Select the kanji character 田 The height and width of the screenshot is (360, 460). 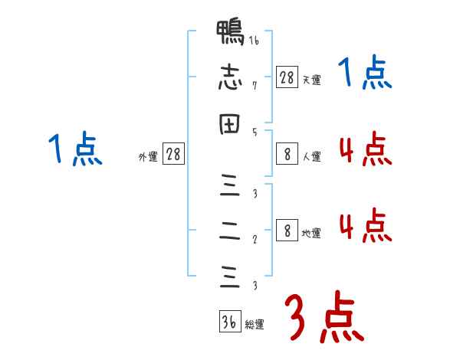click(229, 125)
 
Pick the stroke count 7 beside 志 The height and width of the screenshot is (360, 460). click(254, 86)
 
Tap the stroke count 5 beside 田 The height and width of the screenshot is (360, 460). click(254, 131)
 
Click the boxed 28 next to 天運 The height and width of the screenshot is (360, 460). click(287, 77)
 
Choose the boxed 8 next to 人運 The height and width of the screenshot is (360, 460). click(287, 154)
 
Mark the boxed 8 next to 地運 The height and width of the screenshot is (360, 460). click(287, 231)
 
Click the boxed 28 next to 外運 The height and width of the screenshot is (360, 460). click(173, 154)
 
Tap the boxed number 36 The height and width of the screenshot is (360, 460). click(229, 322)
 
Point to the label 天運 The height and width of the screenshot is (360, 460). click(310, 80)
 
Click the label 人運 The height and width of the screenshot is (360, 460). click(310, 157)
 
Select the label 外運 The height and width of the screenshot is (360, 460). click(148, 157)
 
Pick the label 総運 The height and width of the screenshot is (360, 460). click(254, 325)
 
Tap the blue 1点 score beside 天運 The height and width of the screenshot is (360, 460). click(365, 74)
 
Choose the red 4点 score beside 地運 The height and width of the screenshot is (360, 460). click(365, 226)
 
